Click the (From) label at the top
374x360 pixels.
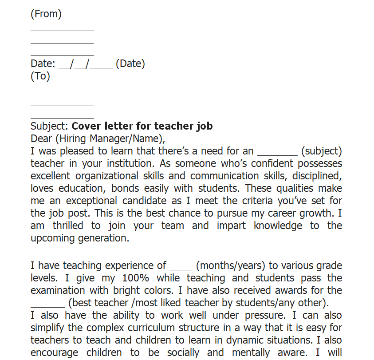click(x=46, y=14)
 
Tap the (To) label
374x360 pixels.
click(x=40, y=76)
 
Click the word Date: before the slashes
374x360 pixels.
click(x=43, y=63)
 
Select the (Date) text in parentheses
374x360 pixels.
click(x=130, y=63)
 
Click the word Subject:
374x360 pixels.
click(x=49, y=126)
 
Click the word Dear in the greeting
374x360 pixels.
click(x=41, y=138)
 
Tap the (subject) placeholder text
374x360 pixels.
click(x=321, y=151)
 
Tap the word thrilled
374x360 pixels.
click(x=68, y=225)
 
